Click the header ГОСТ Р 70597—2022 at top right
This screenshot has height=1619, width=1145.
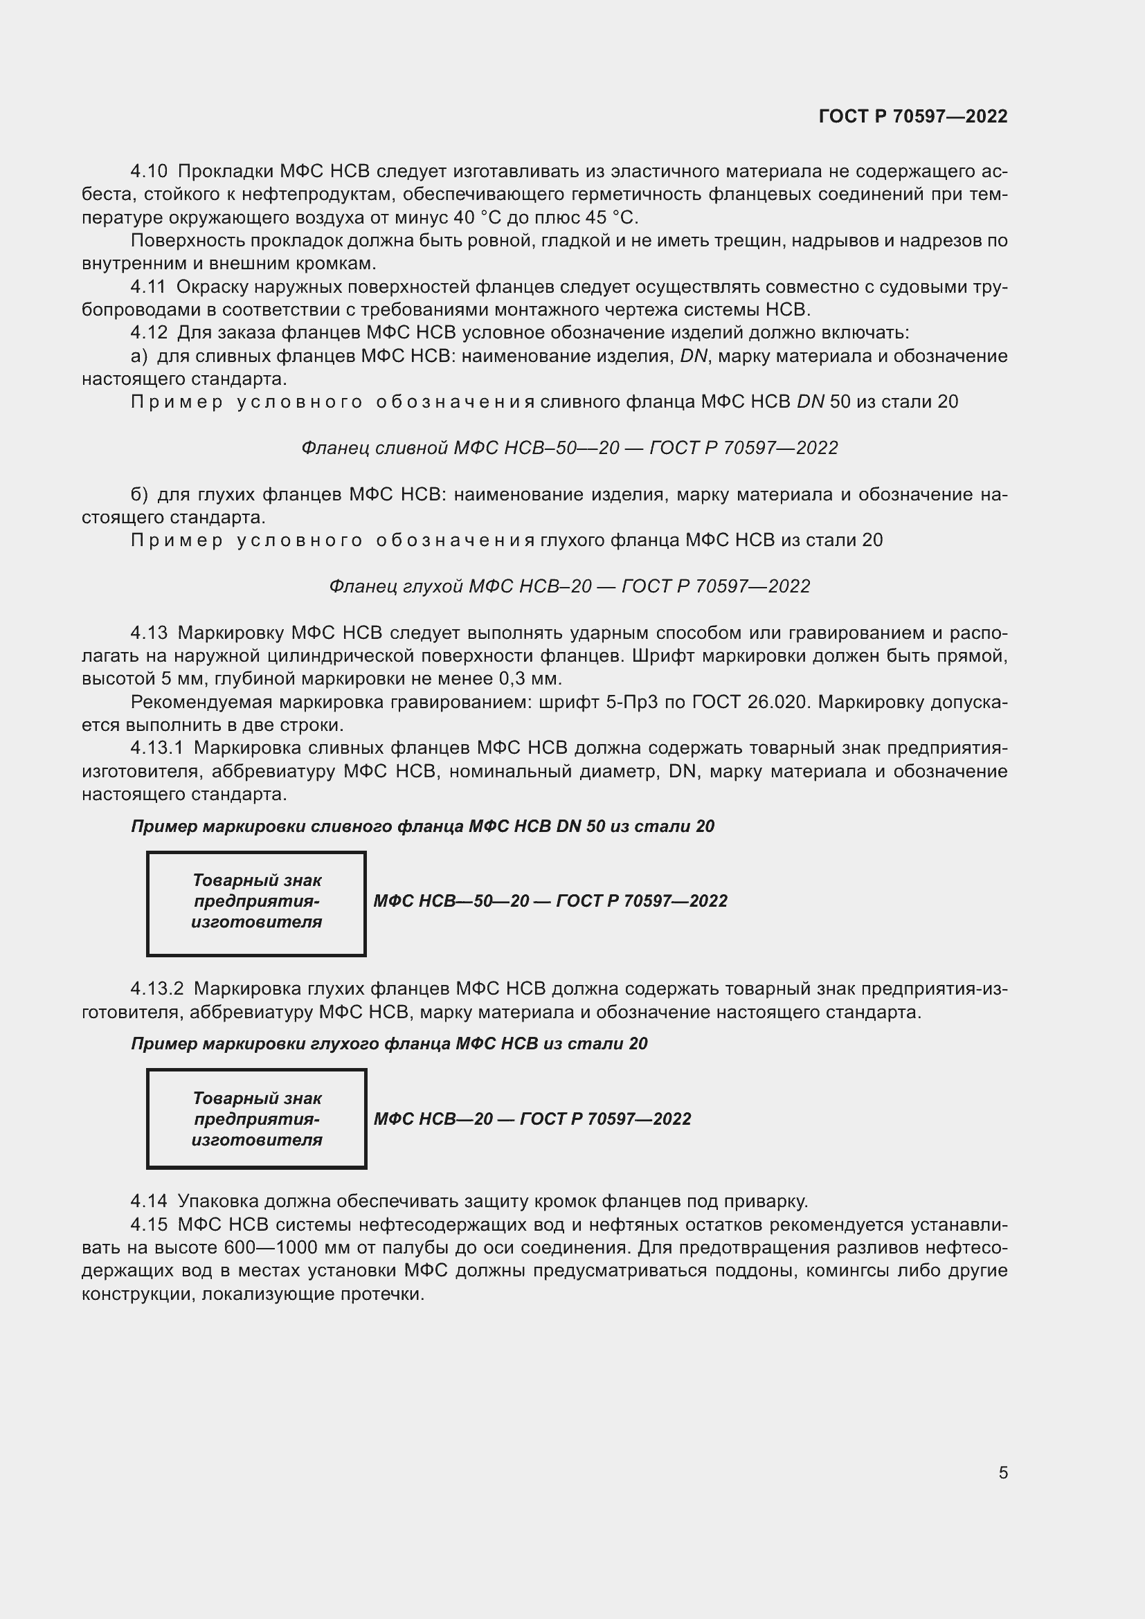(x=913, y=116)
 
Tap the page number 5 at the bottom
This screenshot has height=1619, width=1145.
(x=1002, y=1472)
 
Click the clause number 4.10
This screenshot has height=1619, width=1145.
(x=149, y=172)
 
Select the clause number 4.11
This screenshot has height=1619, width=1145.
(x=148, y=287)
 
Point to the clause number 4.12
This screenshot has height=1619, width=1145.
(x=148, y=333)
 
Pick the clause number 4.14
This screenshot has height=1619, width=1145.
(x=149, y=1201)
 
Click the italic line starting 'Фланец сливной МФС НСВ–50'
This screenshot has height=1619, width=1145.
(x=569, y=449)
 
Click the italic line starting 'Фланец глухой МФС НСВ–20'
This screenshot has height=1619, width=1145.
(x=569, y=587)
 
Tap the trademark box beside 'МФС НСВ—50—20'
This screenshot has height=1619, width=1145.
(x=256, y=903)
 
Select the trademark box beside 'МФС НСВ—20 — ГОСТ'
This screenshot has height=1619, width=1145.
(x=256, y=1119)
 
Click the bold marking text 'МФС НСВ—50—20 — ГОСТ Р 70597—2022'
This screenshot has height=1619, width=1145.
(x=550, y=901)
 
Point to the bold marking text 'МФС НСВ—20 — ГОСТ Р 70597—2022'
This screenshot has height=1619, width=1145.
(x=532, y=1119)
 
